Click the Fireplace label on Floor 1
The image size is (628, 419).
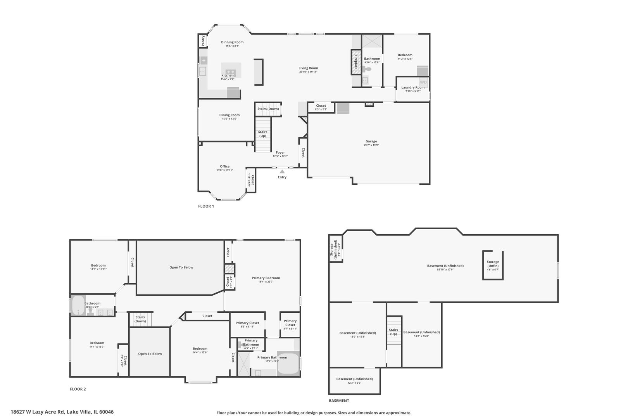[x=355, y=62]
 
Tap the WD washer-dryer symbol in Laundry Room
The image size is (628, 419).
[x=423, y=82]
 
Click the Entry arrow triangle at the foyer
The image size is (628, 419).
[x=282, y=171]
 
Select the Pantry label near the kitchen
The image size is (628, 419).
[x=203, y=40]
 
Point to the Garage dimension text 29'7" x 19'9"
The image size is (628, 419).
[x=371, y=145]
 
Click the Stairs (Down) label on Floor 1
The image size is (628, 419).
[x=268, y=109]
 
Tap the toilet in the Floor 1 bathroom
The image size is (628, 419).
[x=367, y=69]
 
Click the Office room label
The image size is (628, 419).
[x=224, y=166]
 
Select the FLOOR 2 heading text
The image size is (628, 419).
[x=78, y=389]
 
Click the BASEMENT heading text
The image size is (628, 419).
[x=339, y=401]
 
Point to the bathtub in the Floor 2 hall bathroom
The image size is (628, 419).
[x=78, y=305]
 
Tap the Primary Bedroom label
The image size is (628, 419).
[x=266, y=278]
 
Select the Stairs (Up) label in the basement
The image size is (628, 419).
[x=393, y=332]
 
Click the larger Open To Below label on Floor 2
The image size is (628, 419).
[x=181, y=267]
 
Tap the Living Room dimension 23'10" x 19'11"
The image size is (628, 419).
[x=308, y=72]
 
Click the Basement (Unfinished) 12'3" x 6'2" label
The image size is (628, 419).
[x=354, y=381]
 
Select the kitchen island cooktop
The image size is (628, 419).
[x=230, y=71]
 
